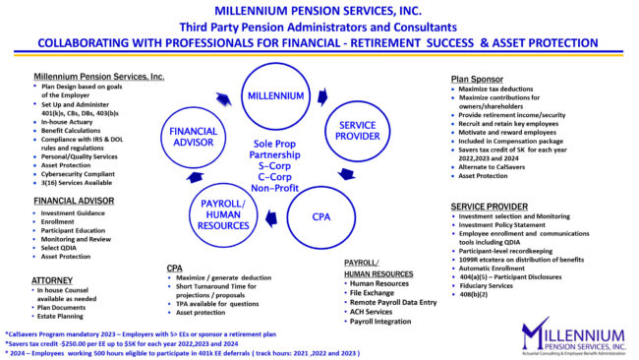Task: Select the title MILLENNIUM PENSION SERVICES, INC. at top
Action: [319, 11]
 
